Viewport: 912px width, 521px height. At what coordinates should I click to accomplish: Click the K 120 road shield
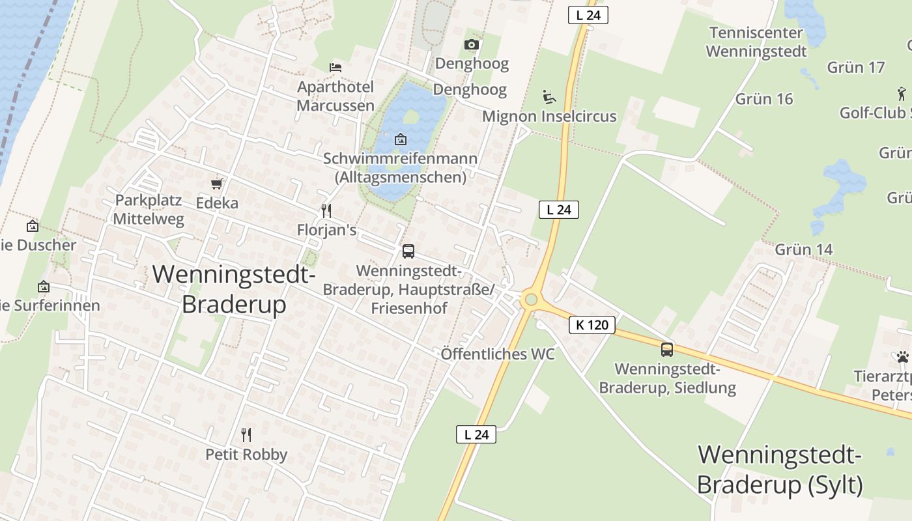[x=592, y=324]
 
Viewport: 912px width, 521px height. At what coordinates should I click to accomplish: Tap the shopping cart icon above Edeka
[x=217, y=184]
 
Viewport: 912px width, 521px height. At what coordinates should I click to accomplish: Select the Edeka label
[x=217, y=203]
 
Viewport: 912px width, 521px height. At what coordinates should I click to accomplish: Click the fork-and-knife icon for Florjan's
[x=326, y=210]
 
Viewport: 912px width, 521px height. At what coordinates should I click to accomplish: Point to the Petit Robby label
[x=246, y=454]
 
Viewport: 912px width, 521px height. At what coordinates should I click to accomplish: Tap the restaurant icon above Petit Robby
[x=246, y=434]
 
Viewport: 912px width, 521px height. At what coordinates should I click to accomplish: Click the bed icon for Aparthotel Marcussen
[x=335, y=67]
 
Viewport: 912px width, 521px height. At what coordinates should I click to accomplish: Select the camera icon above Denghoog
[x=472, y=44]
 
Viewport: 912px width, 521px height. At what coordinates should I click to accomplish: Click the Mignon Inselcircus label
[x=549, y=117]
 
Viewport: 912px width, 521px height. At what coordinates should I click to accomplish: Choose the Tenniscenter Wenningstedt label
[x=756, y=42]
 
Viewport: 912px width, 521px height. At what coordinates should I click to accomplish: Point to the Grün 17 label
[x=856, y=67]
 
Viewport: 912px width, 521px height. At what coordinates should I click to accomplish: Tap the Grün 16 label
[x=764, y=99]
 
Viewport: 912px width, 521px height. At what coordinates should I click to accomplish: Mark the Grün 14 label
[x=804, y=249]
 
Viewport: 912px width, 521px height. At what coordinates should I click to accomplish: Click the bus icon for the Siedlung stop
[x=667, y=350]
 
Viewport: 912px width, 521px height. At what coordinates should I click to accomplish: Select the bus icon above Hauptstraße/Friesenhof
[x=408, y=251]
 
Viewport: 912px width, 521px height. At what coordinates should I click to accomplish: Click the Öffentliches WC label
[x=498, y=354]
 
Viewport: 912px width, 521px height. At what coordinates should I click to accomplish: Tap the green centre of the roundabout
[x=531, y=300]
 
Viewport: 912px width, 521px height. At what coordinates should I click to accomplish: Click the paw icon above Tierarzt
[x=902, y=357]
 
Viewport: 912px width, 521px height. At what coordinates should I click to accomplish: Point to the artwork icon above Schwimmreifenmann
[x=401, y=139]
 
